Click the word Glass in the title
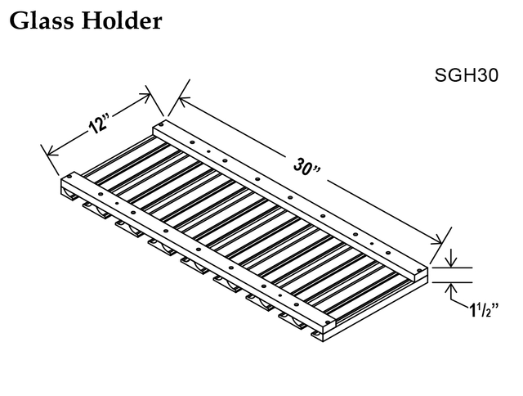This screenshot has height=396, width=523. coord(42,20)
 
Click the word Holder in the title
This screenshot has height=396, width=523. coord(122,20)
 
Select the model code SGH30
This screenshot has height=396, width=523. coord(467,75)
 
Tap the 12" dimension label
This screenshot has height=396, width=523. coord(99,124)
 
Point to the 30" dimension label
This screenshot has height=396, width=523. coord(306,166)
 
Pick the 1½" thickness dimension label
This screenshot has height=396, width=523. coord(485,310)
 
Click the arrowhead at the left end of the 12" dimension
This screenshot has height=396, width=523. coord(52,151)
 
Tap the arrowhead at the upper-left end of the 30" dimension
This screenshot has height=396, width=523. coord(183,100)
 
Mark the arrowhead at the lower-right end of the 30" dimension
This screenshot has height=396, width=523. coord(436,241)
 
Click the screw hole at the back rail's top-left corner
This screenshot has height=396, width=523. coord(162,124)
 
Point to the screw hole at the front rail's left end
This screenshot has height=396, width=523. coord(69,177)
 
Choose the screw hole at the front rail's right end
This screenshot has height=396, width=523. coord(327,322)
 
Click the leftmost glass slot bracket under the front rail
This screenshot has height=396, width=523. coord(69,196)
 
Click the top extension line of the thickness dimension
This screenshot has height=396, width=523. coord(452,268)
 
